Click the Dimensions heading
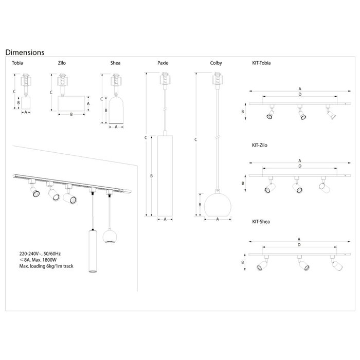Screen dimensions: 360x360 pos(24,52)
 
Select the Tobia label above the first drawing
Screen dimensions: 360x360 pos(17,63)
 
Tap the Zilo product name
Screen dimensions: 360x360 pos(61,63)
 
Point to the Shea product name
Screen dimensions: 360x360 pos(115,63)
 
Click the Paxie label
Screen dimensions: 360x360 pos(163,63)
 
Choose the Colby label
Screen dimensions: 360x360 pos(216,63)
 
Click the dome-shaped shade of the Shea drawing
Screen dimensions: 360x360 pos(116,110)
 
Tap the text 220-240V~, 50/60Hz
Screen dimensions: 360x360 pos(40,254)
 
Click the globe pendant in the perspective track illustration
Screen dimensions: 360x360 pos(110,236)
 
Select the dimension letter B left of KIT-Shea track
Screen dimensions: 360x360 pos(243,262)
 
